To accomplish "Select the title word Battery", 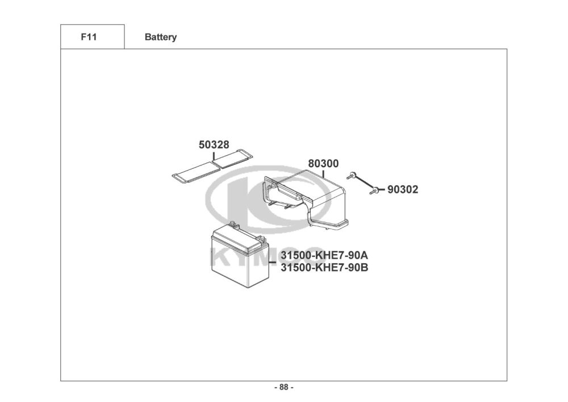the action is click(x=161, y=37).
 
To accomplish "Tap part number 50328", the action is click(x=214, y=145).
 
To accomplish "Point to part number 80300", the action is click(x=323, y=164).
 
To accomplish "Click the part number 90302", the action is click(x=403, y=190).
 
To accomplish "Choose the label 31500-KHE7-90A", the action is click(x=324, y=255).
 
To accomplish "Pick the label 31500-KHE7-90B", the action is click(x=324, y=267).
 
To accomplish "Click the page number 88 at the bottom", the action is click(x=284, y=388).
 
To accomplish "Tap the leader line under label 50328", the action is click(x=214, y=158).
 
